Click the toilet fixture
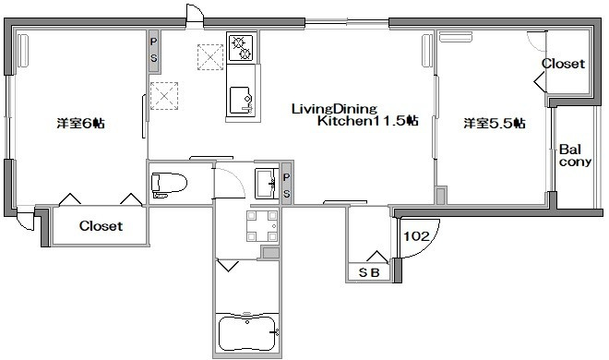(x=170, y=185)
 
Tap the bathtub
(x=247, y=333)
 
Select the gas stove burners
(x=242, y=48)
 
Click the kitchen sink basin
(x=241, y=100)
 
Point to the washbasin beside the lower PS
(x=266, y=184)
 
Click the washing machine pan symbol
(x=262, y=225)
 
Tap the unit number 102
(x=416, y=236)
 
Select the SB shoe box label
(x=368, y=272)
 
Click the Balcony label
(x=575, y=155)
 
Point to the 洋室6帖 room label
(x=81, y=124)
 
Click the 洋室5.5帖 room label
(x=495, y=124)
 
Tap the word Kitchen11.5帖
(x=368, y=121)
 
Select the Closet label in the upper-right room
(x=563, y=64)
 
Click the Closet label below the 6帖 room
(x=101, y=225)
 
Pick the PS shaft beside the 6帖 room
(x=154, y=52)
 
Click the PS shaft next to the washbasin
(x=287, y=186)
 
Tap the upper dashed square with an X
(x=210, y=57)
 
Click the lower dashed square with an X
(x=164, y=95)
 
